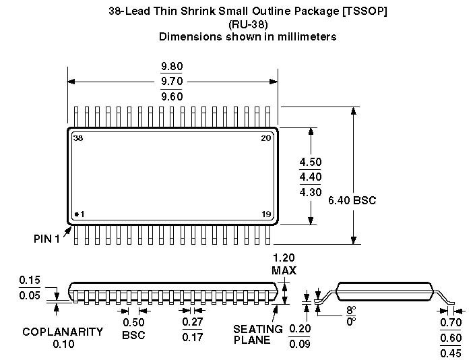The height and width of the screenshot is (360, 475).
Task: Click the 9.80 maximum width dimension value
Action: [171, 67]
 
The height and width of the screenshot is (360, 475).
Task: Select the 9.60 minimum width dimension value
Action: [171, 96]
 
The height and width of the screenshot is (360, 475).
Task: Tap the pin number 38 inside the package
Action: [78, 138]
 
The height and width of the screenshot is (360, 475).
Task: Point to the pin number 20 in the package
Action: [265, 138]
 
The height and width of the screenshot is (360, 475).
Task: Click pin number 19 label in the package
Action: [266, 214]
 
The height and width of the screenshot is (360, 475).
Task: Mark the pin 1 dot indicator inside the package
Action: [76, 214]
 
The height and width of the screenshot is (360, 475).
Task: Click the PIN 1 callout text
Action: [46, 239]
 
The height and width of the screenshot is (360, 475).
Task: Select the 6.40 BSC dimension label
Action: [352, 200]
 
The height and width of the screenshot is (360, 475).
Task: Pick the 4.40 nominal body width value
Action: [311, 177]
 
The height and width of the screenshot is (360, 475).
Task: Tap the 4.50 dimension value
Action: [311, 162]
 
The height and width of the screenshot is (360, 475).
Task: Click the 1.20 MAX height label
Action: [284, 264]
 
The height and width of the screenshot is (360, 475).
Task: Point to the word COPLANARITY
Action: [63, 332]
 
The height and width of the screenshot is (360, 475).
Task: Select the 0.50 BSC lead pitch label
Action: [133, 328]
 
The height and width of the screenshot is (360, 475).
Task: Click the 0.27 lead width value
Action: [193, 322]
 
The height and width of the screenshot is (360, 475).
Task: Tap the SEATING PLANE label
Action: [257, 334]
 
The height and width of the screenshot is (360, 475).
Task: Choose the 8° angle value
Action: [350, 311]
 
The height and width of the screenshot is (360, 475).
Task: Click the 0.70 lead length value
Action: [451, 323]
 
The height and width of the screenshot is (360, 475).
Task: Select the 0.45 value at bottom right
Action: [451, 353]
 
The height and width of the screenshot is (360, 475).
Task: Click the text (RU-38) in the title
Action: [247, 24]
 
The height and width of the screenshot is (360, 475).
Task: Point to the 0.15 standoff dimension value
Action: [30, 280]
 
